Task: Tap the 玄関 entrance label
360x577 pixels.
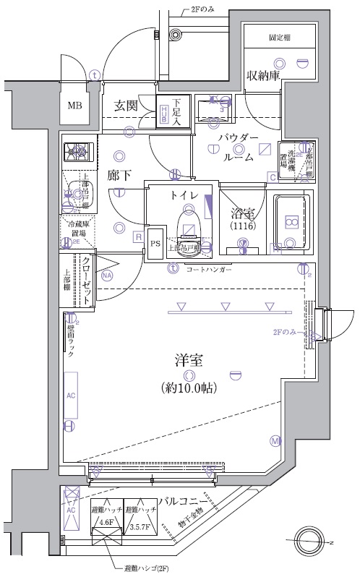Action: [126, 106]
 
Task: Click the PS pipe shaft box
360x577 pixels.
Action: [156, 244]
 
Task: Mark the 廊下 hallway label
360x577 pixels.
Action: [119, 175]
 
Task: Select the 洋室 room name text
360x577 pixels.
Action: [187, 359]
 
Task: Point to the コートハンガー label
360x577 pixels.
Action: [209, 269]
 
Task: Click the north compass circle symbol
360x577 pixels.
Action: [312, 541]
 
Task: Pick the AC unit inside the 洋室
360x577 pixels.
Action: [71, 397]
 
